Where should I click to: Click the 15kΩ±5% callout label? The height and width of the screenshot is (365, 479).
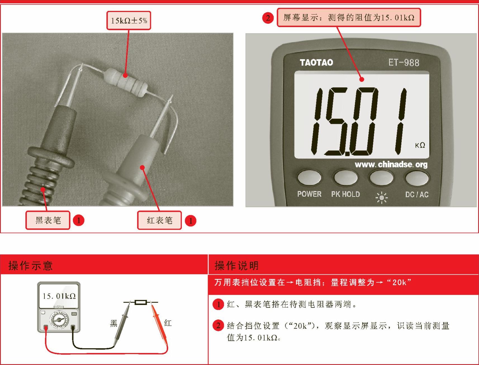[129, 20]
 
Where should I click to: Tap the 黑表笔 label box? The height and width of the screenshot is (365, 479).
[48, 220]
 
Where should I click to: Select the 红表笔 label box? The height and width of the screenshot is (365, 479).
[159, 220]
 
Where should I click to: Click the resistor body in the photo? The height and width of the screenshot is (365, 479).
[125, 82]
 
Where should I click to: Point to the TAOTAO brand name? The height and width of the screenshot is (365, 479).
[316, 62]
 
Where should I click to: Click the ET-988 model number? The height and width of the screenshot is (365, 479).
[404, 63]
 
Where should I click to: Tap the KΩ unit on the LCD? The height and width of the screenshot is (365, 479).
[420, 145]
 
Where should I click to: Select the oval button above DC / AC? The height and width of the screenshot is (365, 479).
[417, 178]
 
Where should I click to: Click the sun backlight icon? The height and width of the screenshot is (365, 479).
[381, 198]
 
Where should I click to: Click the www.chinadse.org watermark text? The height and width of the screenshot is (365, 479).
[391, 164]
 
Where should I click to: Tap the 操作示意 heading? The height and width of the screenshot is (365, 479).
[30, 265]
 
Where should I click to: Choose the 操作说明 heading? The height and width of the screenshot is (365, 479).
[236, 265]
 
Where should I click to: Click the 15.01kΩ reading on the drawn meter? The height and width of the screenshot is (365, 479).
[59, 296]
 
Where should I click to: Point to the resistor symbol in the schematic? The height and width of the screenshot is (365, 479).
[141, 302]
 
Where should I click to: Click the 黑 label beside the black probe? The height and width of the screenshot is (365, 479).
[113, 323]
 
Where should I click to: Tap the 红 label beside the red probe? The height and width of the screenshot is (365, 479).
[168, 323]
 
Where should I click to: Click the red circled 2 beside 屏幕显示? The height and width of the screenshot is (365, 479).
[268, 18]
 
